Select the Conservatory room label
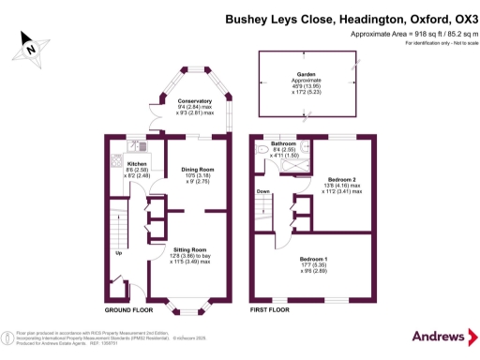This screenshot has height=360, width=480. [194, 100]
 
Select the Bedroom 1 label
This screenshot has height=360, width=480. [314, 258]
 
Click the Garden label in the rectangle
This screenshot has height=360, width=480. [307, 73]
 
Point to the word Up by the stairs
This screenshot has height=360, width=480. [118, 253]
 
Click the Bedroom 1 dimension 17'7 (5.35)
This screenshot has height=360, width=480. [314, 264]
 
